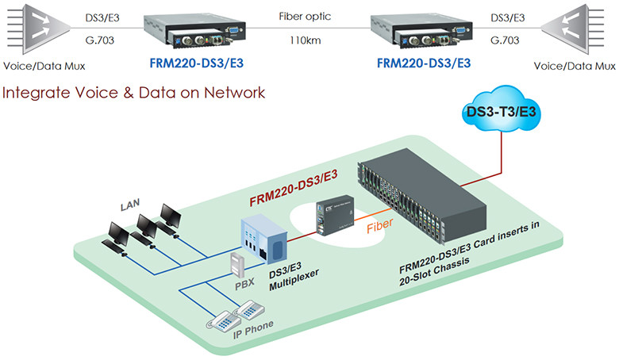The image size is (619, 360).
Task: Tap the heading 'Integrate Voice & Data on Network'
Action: pyautogui.click(x=133, y=93)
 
